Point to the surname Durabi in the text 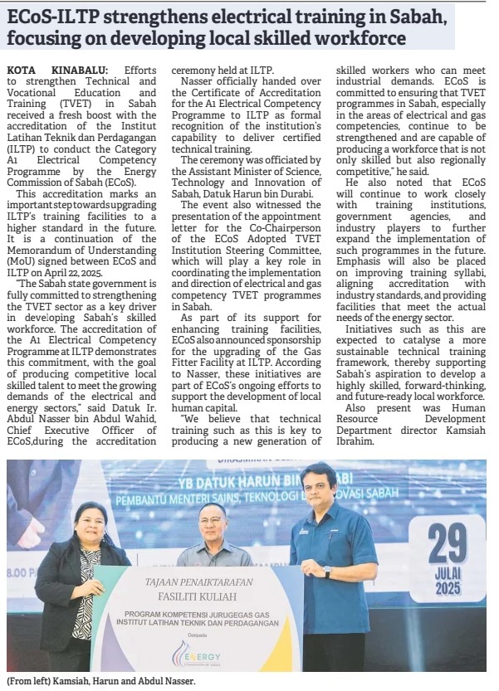tap(296, 194)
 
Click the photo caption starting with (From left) tap(100, 681)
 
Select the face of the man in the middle tap(213, 523)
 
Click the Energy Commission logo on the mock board tap(198, 653)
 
